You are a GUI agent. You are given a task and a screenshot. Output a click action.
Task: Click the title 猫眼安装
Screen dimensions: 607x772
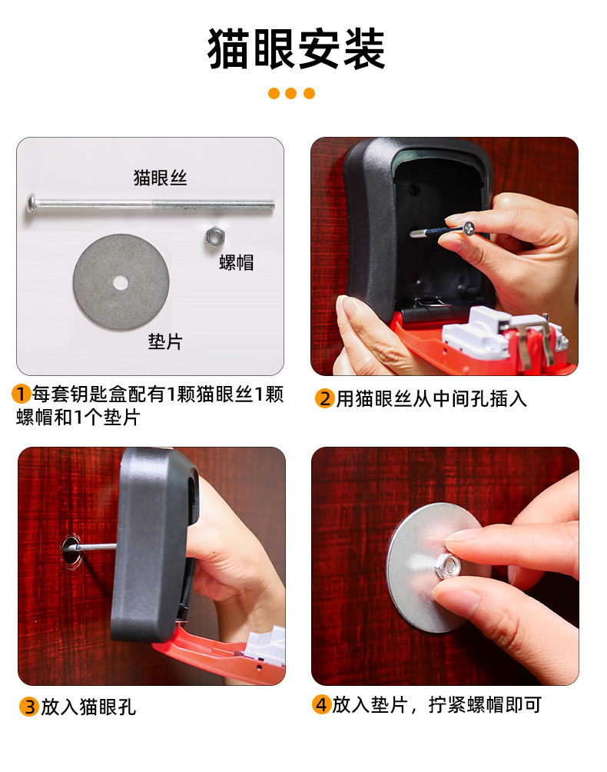(x=296, y=48)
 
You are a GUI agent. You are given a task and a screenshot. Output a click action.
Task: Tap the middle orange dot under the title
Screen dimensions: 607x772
(x=290, y=93)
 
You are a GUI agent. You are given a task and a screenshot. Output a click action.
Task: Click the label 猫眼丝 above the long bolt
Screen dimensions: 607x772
(x=161, y=178)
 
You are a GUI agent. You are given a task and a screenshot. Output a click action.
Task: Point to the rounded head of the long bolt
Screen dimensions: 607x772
(x=32, y=204)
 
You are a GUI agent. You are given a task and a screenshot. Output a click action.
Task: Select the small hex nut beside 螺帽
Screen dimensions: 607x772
(x=214, y=236)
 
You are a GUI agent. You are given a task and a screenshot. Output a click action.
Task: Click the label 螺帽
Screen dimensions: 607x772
(x=236, y=262)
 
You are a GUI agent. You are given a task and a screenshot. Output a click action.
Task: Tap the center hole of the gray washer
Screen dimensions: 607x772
(x=121, y=283)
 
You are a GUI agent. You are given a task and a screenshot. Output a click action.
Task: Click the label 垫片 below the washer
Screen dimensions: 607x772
(x=165, y=341)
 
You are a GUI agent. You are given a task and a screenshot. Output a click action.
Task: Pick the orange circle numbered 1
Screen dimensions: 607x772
(x=22, y=394)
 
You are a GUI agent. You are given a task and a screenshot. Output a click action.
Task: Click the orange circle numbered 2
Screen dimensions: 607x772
(x=325, y=398)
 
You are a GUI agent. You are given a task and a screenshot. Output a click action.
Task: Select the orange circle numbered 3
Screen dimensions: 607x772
(x=29, y=707)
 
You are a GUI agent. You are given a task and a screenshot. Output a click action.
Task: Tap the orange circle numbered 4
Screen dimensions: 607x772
(x=322, y=704)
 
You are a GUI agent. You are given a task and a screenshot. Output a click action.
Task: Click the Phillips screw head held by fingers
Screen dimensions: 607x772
(x=468, y=228)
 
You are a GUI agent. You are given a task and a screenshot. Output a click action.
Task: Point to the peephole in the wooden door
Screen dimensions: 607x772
(x=71, y=551)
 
